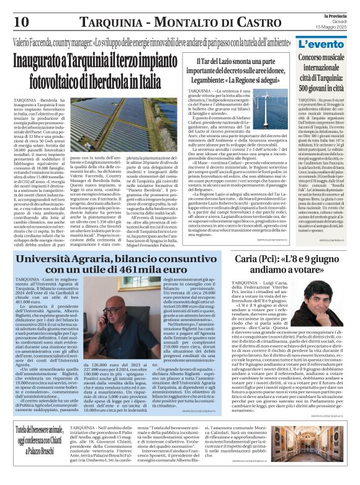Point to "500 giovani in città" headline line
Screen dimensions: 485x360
coord(325,86)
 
